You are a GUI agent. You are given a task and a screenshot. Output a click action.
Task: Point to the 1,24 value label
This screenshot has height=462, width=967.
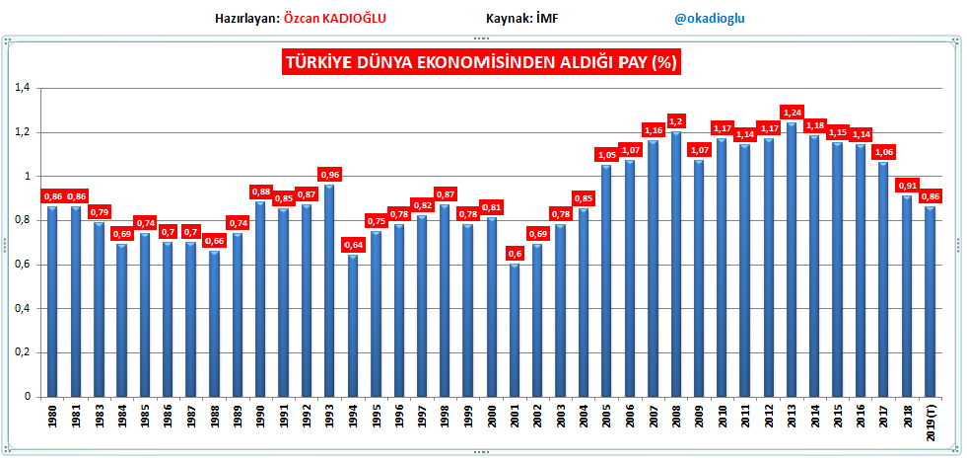792,111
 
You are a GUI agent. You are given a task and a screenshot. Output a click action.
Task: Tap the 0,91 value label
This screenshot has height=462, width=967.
907,184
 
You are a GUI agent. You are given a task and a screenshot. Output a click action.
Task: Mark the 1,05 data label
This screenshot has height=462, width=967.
607,154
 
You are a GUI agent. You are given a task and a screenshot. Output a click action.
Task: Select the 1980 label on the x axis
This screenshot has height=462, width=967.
52,417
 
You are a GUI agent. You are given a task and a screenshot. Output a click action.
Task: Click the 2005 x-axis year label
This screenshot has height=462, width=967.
607,417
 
